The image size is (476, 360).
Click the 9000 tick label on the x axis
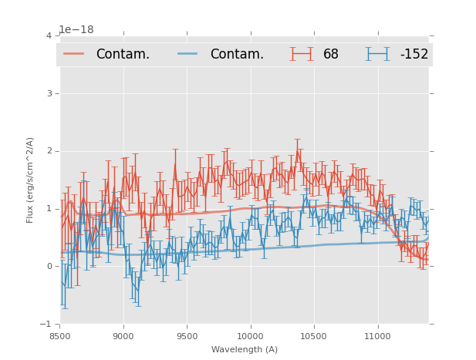click(123, 336)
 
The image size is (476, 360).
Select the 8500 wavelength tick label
click(60, 336)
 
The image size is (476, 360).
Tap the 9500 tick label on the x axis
click(187, 336)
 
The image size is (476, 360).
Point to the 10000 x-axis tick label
click(250, 336)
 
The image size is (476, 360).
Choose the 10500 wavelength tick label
click(314, 336)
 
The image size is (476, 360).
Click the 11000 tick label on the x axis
click(377, 336)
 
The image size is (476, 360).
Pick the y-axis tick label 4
click(49, 35)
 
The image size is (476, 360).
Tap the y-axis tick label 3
click(49, 93)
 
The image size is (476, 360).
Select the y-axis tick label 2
click(49, 151)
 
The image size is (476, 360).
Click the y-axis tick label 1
click(49, 209)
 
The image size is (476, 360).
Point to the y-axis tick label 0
click(49, 267)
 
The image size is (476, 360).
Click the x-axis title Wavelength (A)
click(245, 349)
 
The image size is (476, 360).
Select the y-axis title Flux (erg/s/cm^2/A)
click(30, 180)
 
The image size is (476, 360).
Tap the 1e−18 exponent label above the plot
click(76, 29)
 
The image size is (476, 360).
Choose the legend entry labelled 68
click(331, 54)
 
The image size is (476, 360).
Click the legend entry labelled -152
click(414, 54)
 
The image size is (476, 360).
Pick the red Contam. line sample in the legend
click(74, 54)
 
